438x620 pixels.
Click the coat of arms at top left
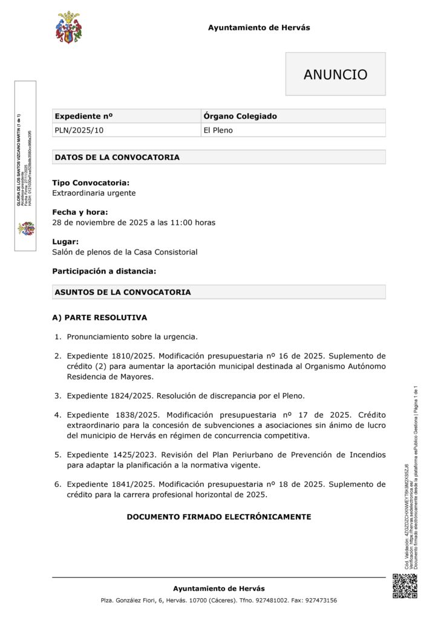[x=68, y=27]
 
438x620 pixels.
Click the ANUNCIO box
[x=335, y=74]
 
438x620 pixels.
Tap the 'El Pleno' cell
[x=218, y=130]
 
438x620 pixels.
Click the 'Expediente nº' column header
[x=83, y=116]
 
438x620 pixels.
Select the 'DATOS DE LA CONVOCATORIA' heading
[x=117, y=157]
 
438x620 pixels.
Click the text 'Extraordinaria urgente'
[x=94, y=193]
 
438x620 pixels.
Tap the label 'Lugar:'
[x=65, y=242]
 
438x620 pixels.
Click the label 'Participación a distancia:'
[x=104, y=271]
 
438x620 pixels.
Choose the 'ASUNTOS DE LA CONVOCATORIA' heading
[x=123, y=292]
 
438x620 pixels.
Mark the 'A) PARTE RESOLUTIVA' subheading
[x=99, y=317]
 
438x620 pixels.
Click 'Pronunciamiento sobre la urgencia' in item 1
[x=132, y=337]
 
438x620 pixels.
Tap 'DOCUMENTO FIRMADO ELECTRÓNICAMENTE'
[x=218, y=517]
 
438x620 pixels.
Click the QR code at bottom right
[x=405, y=586]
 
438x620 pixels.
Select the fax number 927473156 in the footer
[x=318, y=601]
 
